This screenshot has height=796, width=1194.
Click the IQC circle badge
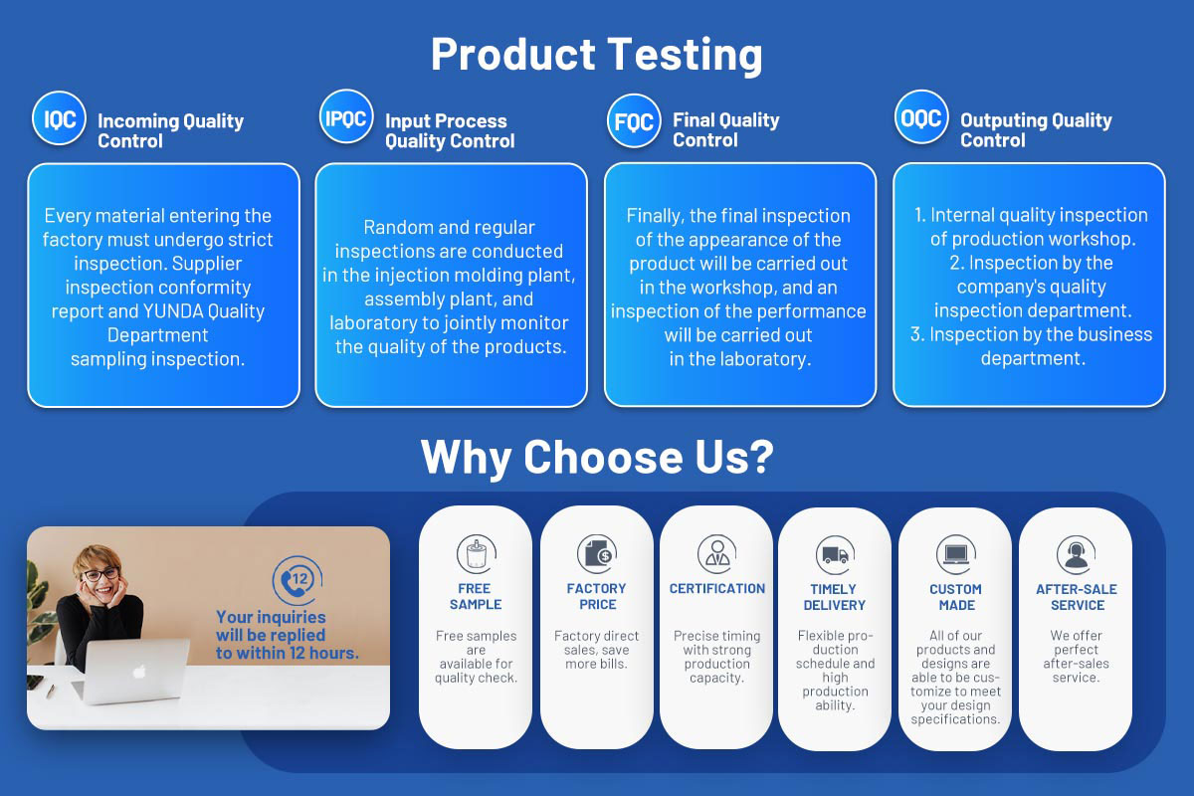(59, 118)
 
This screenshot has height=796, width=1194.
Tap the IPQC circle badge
(346, 116)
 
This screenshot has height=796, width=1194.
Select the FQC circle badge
(635, 121)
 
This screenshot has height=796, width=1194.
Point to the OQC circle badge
(921, 117)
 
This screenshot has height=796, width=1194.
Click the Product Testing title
(596, 55)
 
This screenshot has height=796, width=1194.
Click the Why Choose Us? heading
(597, 458)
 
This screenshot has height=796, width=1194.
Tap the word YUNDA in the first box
(173, 310)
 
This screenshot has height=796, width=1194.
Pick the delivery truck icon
(835, 555)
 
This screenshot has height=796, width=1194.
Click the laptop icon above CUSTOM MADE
(956, 555)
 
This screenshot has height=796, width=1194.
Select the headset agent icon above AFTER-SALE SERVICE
(1077, 555)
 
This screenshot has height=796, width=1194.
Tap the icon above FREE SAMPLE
(477, 554)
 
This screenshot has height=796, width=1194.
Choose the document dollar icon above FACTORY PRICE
(597, 554)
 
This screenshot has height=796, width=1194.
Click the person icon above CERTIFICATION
(717, 554)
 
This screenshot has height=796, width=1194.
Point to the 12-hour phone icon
(298, 580)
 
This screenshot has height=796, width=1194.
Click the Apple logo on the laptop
(139, 672)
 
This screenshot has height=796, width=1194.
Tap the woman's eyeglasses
(100, 575)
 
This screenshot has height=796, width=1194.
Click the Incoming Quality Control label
(170, 130)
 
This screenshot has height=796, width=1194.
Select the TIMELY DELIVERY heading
(834, 597)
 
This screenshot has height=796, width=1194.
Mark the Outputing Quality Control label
(1036, 130)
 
